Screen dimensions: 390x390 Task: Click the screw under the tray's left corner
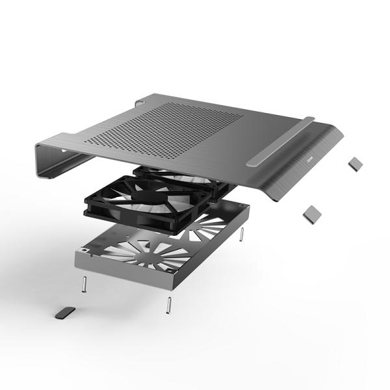(85, 285)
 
